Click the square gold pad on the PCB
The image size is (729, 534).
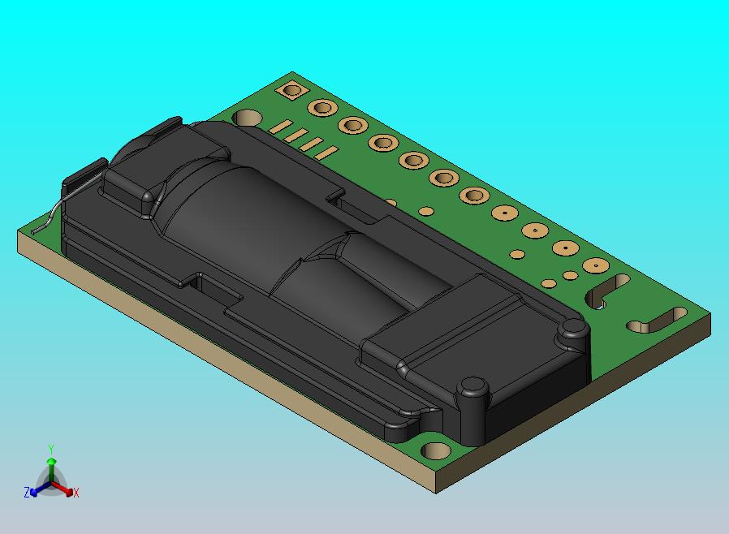point(291,90)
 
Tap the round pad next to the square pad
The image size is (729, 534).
point(322,107)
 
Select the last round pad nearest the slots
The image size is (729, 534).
point(596,265)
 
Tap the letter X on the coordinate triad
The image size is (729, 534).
point(75,493)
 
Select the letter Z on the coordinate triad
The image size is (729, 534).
point(27,492)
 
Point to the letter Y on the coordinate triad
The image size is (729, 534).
point(51,449)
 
